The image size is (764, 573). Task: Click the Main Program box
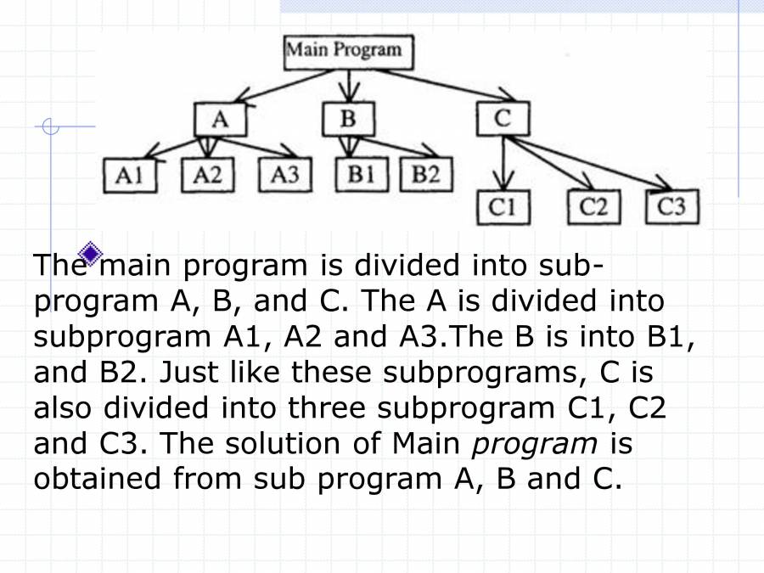[x=348, y=51]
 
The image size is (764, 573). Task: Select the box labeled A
[x=220, y=120]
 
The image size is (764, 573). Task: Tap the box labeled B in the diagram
[x=347, y=120]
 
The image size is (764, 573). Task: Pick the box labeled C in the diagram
[x=503, y=120]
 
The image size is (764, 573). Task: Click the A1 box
[x=130, y=176]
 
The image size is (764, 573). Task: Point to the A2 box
[x=207, y=176]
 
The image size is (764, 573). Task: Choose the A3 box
[x=284, y=176]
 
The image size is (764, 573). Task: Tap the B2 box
[x=425, y=176]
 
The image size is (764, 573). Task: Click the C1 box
[x=508, y=208]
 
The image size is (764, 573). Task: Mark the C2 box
[x=593, y=208]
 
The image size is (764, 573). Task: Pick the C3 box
[x=672, y=208]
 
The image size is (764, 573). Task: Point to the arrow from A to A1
[x=174, y=147]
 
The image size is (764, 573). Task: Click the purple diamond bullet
[x=90, y=252]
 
